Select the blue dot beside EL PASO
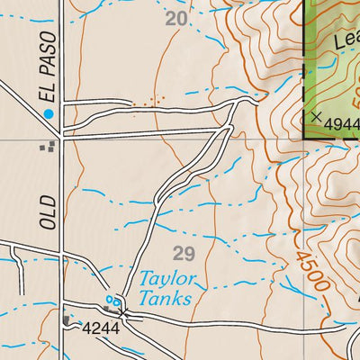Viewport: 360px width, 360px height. tap(49, 113)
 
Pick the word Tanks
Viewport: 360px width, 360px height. tap(166, 298)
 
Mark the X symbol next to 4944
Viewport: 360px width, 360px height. tap(315, 116)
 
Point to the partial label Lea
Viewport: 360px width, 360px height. tap(346, 41)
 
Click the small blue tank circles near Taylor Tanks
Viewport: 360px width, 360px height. tap(112, 300)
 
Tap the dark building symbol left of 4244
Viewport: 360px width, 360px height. tap(67, 319)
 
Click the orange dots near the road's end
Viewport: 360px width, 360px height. tap(149, 103)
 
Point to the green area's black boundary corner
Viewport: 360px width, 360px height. tap(304, 137)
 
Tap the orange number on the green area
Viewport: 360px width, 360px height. tap(354, 90)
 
